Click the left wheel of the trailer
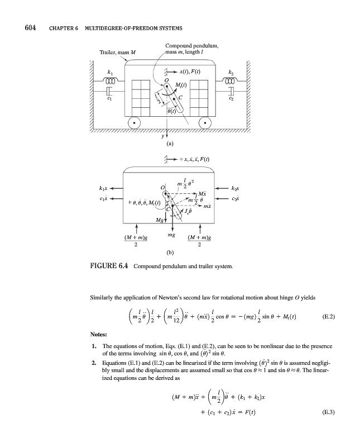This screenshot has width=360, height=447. (x=133, y=122)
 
